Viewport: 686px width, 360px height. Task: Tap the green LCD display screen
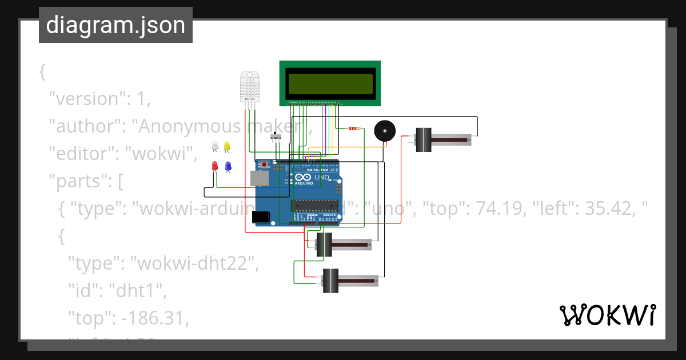330,83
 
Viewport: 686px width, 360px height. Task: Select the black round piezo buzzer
384,131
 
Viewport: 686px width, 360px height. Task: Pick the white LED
215,146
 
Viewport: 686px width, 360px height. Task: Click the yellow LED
227,146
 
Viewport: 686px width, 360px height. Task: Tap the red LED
215,166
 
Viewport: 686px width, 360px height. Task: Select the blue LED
228,166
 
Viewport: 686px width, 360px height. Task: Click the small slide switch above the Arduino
278,138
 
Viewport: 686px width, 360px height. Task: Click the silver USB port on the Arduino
260,178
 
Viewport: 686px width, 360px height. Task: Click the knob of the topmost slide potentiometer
422,140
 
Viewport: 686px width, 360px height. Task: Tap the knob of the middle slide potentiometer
324,245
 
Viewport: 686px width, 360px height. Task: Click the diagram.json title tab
115,25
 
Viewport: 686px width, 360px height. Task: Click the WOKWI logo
607,315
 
